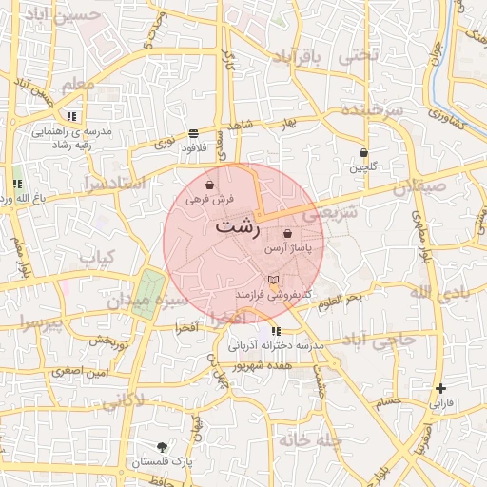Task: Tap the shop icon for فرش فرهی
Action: pyautogui.click(x=209, y=185)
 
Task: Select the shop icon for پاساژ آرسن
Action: pyautogui.click(x=287, y=233)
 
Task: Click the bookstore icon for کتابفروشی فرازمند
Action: pyautogui.click(x=274, y=280)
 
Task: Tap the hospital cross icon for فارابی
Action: pyautogui.click(x=439, y=388)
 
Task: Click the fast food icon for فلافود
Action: pyautogui.click(x=194, y=134)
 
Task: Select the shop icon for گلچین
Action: pyautogui.click(x=363, y=152)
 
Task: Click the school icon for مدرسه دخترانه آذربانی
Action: pyautogui.click(x=275, y=331)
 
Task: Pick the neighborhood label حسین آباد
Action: pyautogui.click(x=63, y=16)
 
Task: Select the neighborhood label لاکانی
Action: pyautogui.click(x=122, y=400)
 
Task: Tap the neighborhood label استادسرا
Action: pyautogui.click(x=113, y=181)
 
